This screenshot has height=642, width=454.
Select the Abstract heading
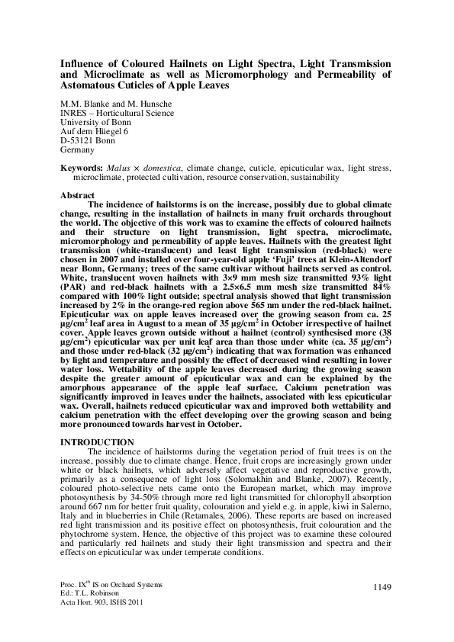point(77,195)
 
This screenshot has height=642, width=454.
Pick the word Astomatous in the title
point(114,86)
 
